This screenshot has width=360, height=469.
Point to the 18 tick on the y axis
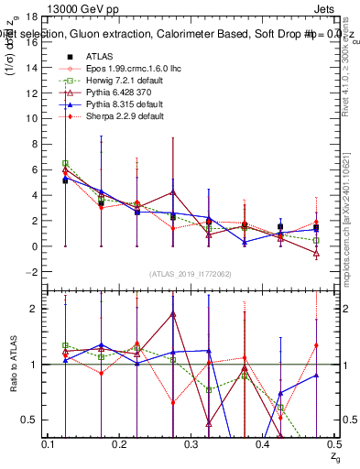(37, 16)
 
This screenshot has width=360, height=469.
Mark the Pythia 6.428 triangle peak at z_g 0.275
(173, 193)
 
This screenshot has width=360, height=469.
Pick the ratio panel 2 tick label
(37, 309)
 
